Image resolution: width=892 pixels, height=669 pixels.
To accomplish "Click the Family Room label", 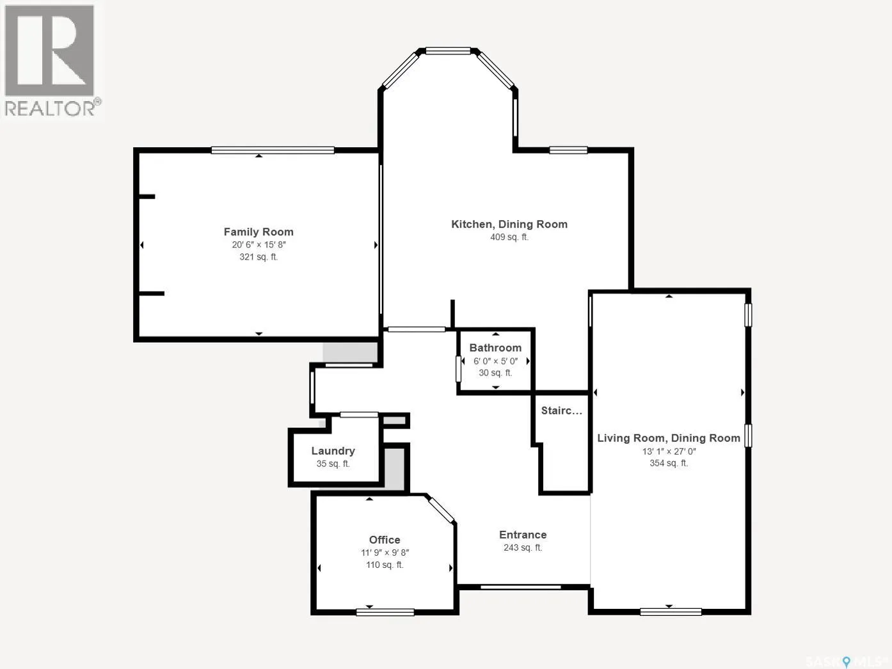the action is pyautogui.click(x=259, y=232).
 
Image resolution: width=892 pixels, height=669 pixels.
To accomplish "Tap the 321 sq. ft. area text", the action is pyautogui.click(x=259, y=256).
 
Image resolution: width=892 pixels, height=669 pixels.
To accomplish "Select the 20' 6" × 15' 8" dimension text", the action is pyautogui.click(x=259, y=244).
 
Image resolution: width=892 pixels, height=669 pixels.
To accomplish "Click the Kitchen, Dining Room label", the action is pyautogui.click(x=509, y=224).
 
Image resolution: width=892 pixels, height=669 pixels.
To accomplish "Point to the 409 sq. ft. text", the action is pyautogui.click(x=509, y=237).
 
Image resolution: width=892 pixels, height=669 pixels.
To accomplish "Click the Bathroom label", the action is pyautogui.click(x=495, y=348).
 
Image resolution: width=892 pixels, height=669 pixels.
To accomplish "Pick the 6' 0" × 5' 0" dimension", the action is pyautogui.click(x=495, y=361).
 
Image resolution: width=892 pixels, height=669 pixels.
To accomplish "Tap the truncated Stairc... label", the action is pyautogui.click(x=562, y=410).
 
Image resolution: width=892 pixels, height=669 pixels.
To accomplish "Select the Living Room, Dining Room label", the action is pyautogui.click(x=669, y=438).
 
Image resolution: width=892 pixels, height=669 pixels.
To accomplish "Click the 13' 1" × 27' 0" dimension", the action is pyautogui.click(x=669, y=451).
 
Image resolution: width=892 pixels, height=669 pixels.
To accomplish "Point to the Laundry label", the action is pyautogui.click(x=333, y=451).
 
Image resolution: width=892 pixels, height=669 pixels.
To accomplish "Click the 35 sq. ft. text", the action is pyautogui.click(x=333, y=464).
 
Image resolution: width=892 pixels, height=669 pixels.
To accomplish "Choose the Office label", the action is pyautogui.click(x=385, y=540).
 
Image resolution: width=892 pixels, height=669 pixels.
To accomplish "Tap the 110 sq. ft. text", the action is pyautogui.click(x=385, y=565).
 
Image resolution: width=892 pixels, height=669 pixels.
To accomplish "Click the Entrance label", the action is pyautogui.click(x=523, y=535).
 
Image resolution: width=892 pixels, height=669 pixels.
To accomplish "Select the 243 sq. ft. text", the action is pyautogui.click(x=523, y=547).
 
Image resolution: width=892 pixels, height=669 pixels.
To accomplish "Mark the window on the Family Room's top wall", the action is pyautogui.click(x=273, y=150).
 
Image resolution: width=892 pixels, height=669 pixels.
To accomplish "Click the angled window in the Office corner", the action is pyautogui.click(x=442, y=510).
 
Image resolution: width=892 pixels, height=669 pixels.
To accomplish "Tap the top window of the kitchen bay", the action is pyautogui.click(x=448, y=51).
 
